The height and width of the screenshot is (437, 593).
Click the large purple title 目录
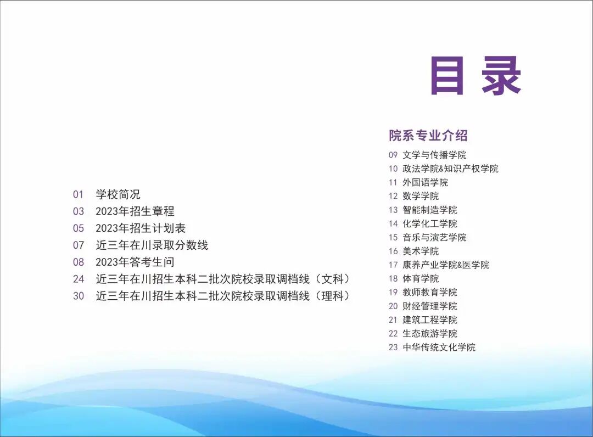pyautogui.click(x=475, y=76)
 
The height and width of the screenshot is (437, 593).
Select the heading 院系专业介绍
pyautogui.click(x=428, y=136)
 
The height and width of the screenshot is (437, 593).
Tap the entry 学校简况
pyautogui.click(x=118, y=194)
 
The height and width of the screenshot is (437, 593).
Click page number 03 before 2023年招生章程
pyautogui.click(x=79, y=211)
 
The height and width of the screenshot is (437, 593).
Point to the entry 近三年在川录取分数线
pyautogui.click(x=152, y=245)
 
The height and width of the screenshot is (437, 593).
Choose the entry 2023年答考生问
pyautogui.click(x=135, y=262)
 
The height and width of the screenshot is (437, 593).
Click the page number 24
pyautogui.click(x=79, y=279)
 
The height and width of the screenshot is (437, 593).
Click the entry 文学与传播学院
pyautogui.click(x=434, y=155)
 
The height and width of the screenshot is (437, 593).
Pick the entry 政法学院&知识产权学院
pyautogui.click(x=450, y=169)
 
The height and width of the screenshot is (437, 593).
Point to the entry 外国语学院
pyautogui.click(x=425, y=183)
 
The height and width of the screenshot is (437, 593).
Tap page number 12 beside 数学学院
pyautogui.click(x=393, y=197)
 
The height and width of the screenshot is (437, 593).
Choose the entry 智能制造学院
pyautogui.click(x=429, y=210)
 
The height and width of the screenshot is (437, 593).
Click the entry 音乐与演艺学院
pyautogui.click(x=434, y=238)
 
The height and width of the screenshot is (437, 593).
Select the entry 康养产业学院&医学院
pyautogui.click(x=446, y=265)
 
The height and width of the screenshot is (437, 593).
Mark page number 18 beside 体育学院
pyautogui.click(x=393, y=279)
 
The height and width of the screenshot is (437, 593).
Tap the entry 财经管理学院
pyautogui.click(x=429, y=306)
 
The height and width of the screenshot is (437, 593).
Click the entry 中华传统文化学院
pyautogui.click(x=439, y=348)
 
